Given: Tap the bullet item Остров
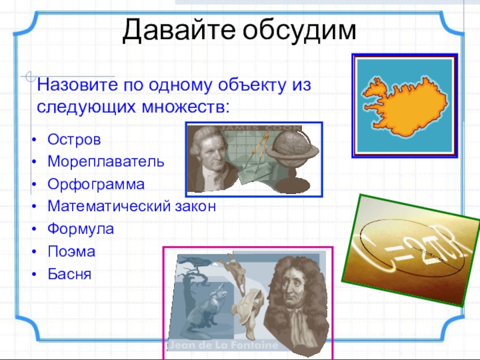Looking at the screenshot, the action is pyautogui.click(x=74, y=140).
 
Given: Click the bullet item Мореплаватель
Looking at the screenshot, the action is pyautogui.click(x=106, y=161).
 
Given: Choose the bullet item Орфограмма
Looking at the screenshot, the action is pyautogui.click(x=96, y=184).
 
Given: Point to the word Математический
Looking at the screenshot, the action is pyautogui.click(x=109, y=206).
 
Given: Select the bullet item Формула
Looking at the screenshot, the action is pyautogui.click(x=81, y=229).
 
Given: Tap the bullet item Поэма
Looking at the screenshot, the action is pyautogui.click(x=71, y=251).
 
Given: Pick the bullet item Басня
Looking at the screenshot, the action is pyautogui.click(x=70, y=274).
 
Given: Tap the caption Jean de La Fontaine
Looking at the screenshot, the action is pyautogui.click(x=224, y=345).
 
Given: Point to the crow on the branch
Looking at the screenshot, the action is pyautogui.click(x=196, y=262).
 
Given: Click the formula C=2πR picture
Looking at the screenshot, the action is pyautogui.click(x=411, y=250).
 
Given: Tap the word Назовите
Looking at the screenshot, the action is pyautogui.click(x=77, y=85).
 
